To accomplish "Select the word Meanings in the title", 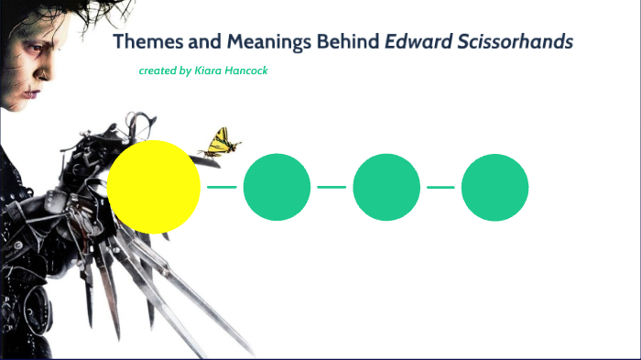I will pos(266,42).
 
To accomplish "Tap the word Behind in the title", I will pos(347,42).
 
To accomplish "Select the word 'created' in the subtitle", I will pos(157,71).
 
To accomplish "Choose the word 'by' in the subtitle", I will pos(185,71).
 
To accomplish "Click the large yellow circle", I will pos(154,187).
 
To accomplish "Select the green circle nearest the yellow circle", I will pos(277,188).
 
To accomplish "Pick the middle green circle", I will pos(386,188).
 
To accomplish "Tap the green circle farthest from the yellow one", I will pos(494,188).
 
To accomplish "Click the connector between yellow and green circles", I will pos(222,187).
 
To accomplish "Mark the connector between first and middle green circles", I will pos(331,187).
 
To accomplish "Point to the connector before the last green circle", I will pos(440,187).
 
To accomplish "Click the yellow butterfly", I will pos(222,143).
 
